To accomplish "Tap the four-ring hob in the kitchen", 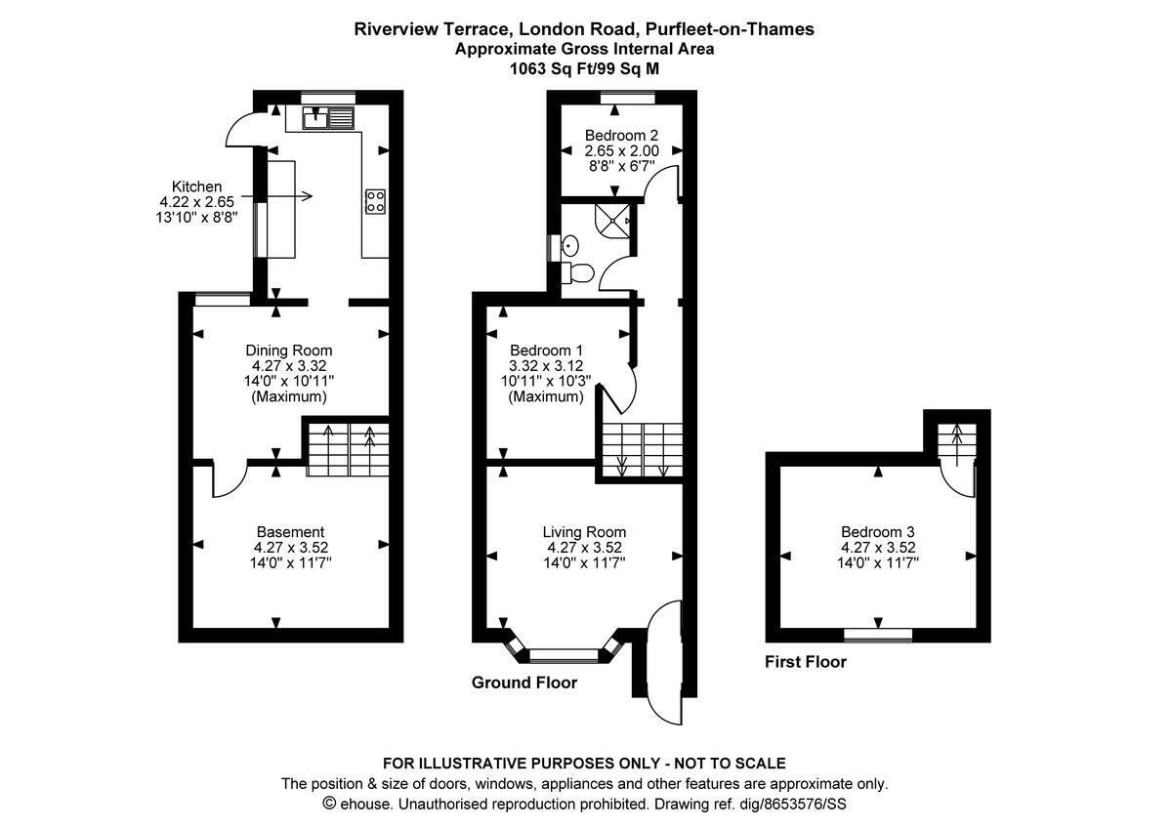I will click(x=374, y=201).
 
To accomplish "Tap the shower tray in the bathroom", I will click(x=616, y=221).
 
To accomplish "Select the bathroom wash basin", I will click(x=570, y=245).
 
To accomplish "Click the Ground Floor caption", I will click(x=523, y=683).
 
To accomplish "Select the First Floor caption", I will click(x=805, y=662).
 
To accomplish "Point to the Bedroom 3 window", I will click(x=878, y=635).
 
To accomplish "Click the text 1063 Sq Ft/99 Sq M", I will click(x=584, y=68).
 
